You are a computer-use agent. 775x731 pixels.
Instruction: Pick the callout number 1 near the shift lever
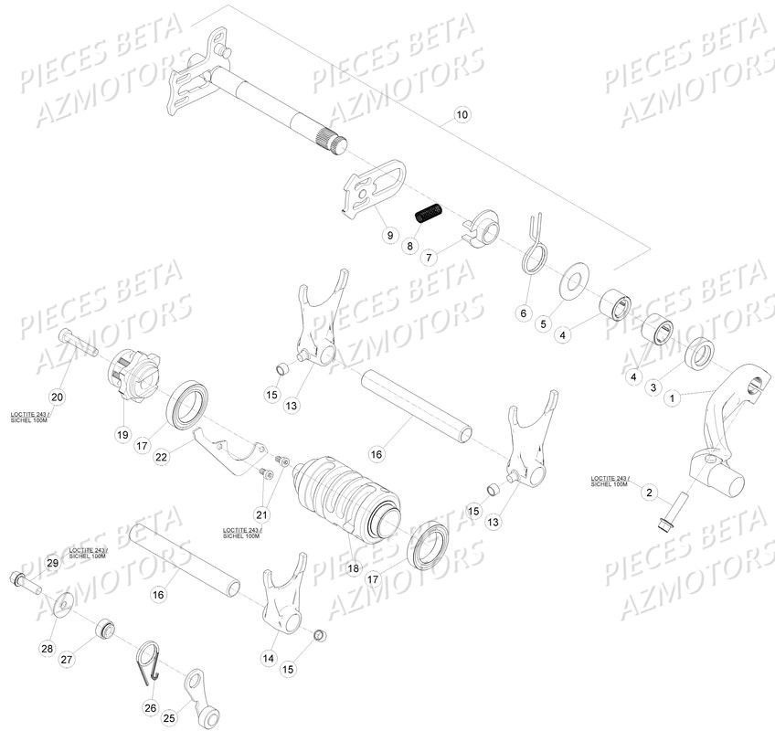point(674,398)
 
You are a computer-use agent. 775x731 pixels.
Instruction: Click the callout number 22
point(161,457)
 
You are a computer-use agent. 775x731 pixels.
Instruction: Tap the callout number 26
point(150,706)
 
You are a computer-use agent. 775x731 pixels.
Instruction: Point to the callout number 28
point(47,649)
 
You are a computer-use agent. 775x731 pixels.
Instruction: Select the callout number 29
point(52,564)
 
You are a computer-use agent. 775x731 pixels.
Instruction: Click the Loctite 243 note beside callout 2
point(609,481)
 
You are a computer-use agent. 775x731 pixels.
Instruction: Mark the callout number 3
point(653,387)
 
